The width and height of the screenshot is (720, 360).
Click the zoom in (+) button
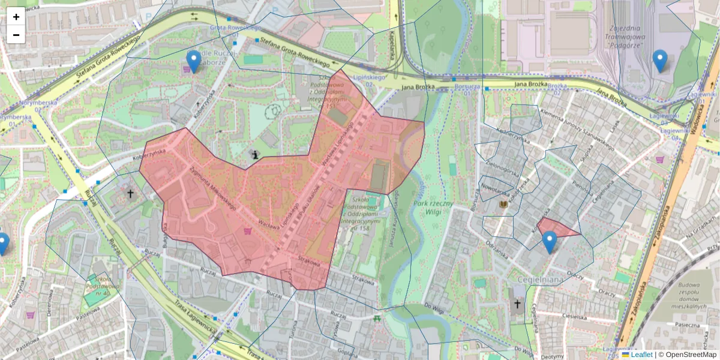16,17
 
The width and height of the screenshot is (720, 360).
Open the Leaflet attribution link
641,355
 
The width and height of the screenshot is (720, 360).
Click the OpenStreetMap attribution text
691,355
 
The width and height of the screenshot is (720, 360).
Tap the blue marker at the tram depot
660,60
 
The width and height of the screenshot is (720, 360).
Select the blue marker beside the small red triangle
549,241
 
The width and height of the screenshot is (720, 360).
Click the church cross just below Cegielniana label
517,304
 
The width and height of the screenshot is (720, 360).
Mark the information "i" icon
256,155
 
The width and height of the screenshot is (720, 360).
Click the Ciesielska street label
574,317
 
